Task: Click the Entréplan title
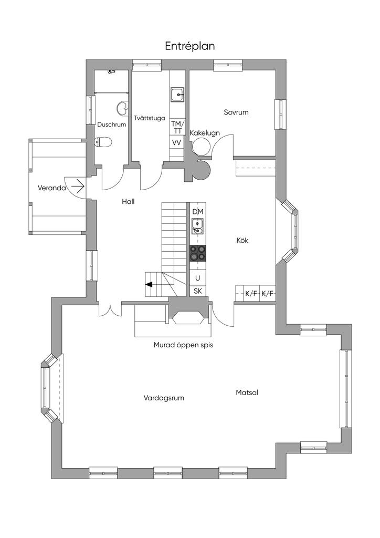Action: (x=190, y=46)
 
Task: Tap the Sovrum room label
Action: (x=236, y=112)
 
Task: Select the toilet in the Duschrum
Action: (x=103, y=142)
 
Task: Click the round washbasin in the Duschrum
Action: (x=122, y=108)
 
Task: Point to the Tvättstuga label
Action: (x=150, y=118)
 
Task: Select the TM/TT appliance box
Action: (x=177, y=127)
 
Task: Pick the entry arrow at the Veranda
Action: (x=78, y=187)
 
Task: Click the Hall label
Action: (x=128, y=202)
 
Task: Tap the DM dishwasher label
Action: (x=198, y=212)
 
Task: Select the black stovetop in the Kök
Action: (x=198, y=253)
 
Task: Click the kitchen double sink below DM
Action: (x=197, y=226)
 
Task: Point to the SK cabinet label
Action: (x=198, y=291)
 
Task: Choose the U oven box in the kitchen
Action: (x=198, y=278)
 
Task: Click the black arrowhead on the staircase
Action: (x=149, y=284)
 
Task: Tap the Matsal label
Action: (x=247, y=392)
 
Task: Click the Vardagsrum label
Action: (x=164, y=398)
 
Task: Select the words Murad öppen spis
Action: (x=183, y=345)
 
